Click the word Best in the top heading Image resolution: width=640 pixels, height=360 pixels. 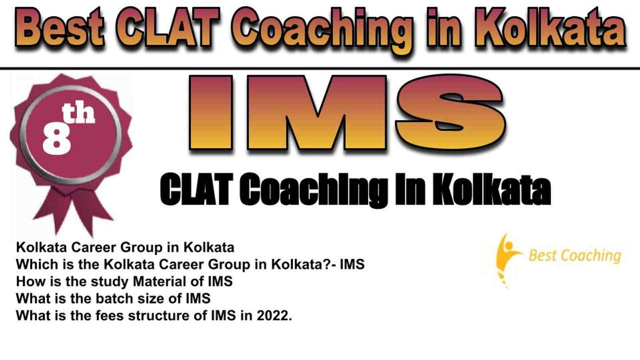click(60, 28)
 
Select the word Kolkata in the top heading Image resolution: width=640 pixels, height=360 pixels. click(550, 28)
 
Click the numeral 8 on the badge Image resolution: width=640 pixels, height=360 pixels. click(56, 140)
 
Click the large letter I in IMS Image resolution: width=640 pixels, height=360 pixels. click(211, 112)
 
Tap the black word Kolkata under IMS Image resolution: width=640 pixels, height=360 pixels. click(492, 190)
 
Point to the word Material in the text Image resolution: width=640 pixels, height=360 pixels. click(160, 282)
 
